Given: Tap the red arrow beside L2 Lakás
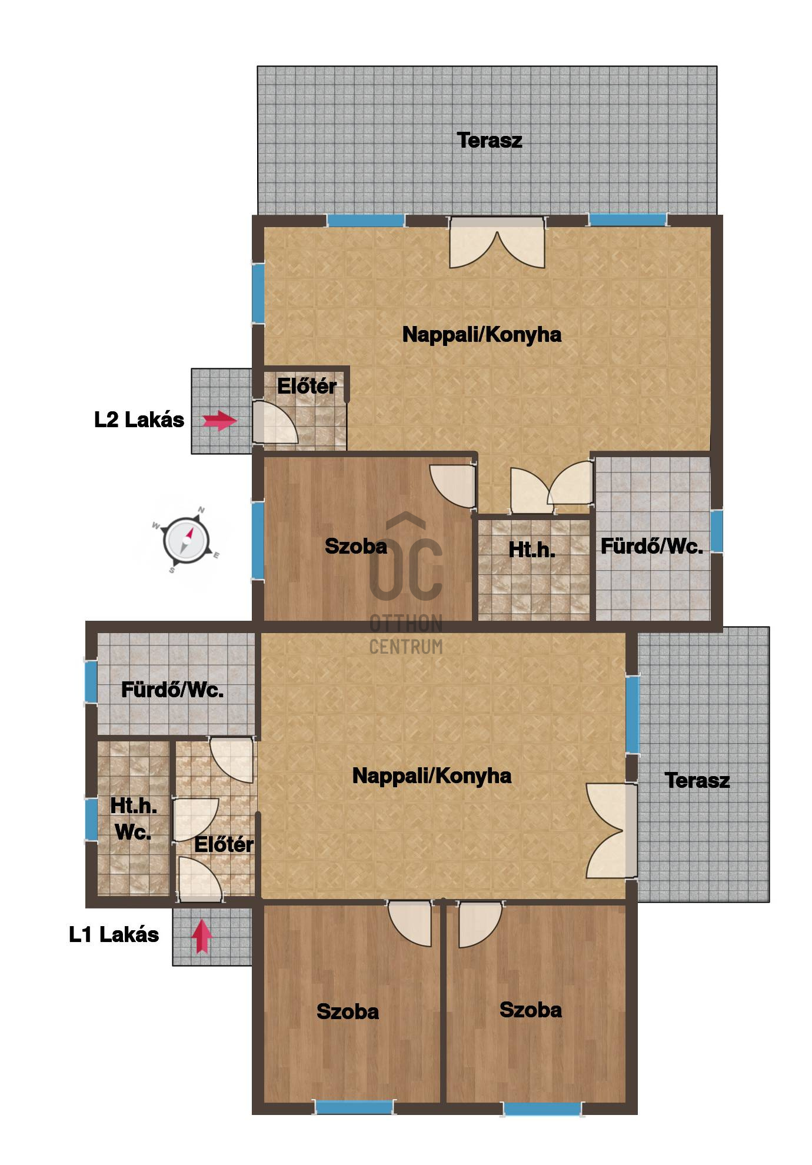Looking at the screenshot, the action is click(x=219, y=420).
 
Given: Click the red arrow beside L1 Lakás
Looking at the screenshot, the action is click(x=202, y=936).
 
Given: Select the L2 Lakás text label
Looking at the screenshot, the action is click(x=139, y=420).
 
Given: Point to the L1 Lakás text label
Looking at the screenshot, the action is click(x=114, y=935).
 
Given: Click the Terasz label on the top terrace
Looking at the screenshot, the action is click(x=490, y=140).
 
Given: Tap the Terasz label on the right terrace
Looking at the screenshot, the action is click(x=697, y=780).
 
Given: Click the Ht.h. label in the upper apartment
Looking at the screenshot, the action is click(x=532, y=550).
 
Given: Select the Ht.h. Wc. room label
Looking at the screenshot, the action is click(x=134, y=818).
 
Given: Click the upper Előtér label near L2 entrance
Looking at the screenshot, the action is click(x=307, y=386).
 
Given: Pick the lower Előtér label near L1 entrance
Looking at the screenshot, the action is click(x=224, y=844).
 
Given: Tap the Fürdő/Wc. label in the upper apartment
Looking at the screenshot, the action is click(x=652, y=546).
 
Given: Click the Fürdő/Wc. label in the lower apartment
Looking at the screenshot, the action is click(x=172, y=690).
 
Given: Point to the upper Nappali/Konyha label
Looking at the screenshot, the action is click(x=482, y=334).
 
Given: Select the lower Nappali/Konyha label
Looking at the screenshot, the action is click(x=432, y=775).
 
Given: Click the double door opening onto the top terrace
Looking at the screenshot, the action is click(x=497, y=243).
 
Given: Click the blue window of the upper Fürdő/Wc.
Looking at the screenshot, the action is click(x=716, y=531).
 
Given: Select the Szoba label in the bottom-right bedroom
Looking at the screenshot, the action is click(x=531, y=1010).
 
